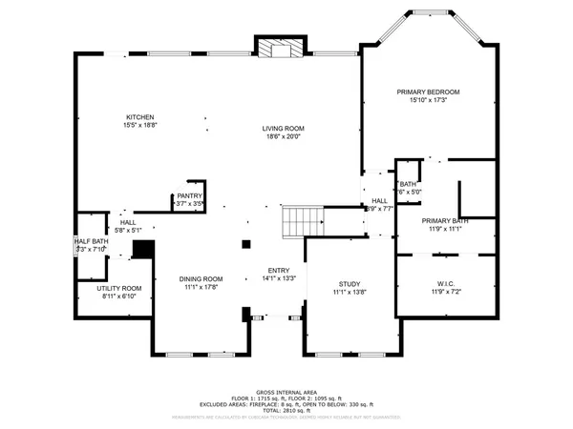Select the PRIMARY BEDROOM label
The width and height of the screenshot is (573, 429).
click(428, 92)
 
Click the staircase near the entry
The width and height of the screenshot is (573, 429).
click(300, 222)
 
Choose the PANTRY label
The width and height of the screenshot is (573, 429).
click(189, 195)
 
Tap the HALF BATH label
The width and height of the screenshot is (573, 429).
click(90, 242)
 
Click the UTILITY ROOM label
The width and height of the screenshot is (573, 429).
click(118, 288)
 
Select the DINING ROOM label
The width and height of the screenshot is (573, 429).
click(200, 278)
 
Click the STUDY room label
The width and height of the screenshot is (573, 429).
click(349, 284)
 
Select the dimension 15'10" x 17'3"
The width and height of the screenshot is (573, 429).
click(428, 100)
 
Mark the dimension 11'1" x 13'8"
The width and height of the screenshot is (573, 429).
click(349, 293)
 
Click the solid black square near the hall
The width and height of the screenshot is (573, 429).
click(143, 249)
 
